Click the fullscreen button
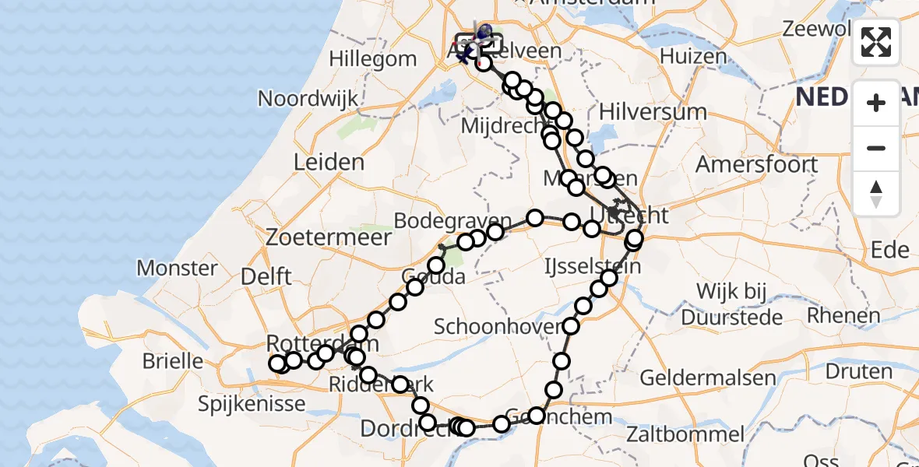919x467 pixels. [876, 42]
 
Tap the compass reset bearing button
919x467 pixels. [876, 194]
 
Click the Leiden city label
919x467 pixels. [329, 163]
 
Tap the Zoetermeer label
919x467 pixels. [316, 237]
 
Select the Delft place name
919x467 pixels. [266, 276]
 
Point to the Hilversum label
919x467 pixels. [653, 111]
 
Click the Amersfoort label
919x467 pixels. [756, 165]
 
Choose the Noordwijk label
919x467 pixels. [308, 99]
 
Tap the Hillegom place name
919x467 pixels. [373, 58]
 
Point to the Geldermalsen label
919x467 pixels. [708, 378]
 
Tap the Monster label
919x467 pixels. [177, 269]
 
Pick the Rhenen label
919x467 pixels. [843, 315]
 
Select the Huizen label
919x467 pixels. [693, 57]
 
